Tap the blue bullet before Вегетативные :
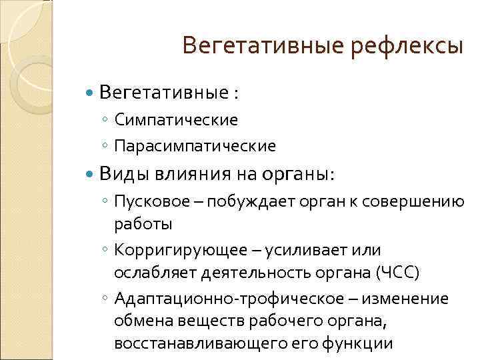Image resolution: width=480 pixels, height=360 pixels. pyautogui.click(x=91, y=93)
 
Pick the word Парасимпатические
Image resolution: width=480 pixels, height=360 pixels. pyautogui.click(x=195, y=145)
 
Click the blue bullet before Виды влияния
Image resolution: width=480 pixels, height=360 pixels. pyautogui.click(x=91, y=175)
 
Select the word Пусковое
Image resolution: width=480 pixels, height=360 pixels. pyautogui.click(x=145, y=201)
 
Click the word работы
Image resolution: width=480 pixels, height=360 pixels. pyautogui.click(x=143, y=223)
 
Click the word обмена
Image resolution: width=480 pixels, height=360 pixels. pyautogui.click(x=137, y=321)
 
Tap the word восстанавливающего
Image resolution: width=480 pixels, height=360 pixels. pyautogui.click(x=187, y=344)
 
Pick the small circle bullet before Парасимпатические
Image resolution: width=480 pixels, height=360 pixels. pyautogui.click(x=105, y=145)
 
